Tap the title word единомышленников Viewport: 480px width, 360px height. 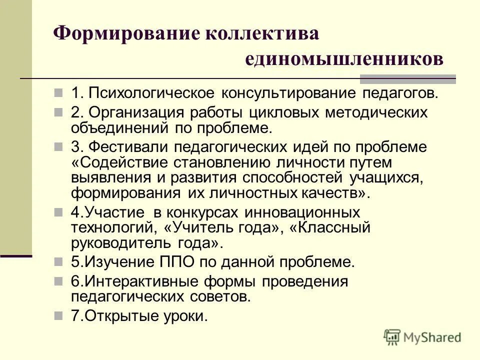(x=344, y=58)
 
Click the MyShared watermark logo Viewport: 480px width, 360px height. (x=422, y=337)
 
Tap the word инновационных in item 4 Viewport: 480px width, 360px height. (x=302, y=212)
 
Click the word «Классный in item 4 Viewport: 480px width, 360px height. (x=330, y=228)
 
